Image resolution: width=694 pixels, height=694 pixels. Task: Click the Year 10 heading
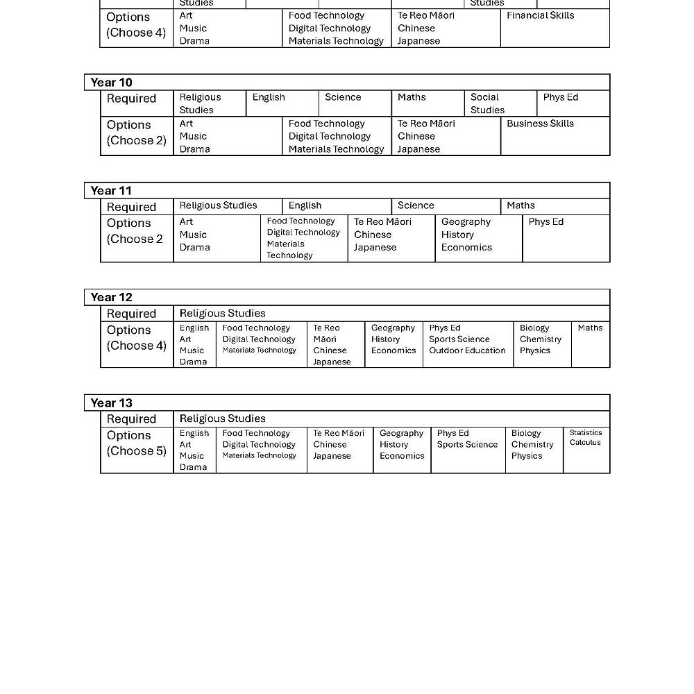click(x=111, y=83)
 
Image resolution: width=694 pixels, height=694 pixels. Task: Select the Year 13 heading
click(x=111, y=403)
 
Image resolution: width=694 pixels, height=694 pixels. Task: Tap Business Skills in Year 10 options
click(x=540, y=124)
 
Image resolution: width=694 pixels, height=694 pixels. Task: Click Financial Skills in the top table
click(x=540, y=15)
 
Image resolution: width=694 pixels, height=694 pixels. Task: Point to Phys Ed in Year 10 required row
click(x=560, y=97)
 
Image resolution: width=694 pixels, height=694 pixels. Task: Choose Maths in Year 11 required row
click(x=520, y=205)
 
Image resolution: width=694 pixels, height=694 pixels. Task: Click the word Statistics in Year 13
click(x=586, y=432)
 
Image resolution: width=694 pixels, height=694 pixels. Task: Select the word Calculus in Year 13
click(x=585, y=442)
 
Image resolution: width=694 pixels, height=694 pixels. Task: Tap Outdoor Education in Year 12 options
click(x=467, y=350)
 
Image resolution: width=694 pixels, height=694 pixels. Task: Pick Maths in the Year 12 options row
click(x=590, y=328)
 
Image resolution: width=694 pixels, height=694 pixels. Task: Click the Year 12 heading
click(x=111, y=297)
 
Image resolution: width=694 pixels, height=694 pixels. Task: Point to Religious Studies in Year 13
click(x=222, y=418)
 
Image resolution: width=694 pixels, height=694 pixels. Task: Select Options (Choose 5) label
click(x=136, y=443)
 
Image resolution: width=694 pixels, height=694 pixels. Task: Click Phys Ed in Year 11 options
click(x=545, y=222)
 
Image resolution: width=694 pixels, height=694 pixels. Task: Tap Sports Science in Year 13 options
click(x=467, y=444)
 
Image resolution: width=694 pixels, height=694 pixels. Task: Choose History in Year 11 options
click(x=456, y=235)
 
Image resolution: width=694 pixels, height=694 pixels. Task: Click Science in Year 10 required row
click(x=343, y=97)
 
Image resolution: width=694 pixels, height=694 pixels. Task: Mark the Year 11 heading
click(x=111, y=191)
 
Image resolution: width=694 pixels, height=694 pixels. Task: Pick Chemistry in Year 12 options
click(x=540, y=339)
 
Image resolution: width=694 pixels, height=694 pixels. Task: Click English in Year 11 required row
click(x=305, y=205)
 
